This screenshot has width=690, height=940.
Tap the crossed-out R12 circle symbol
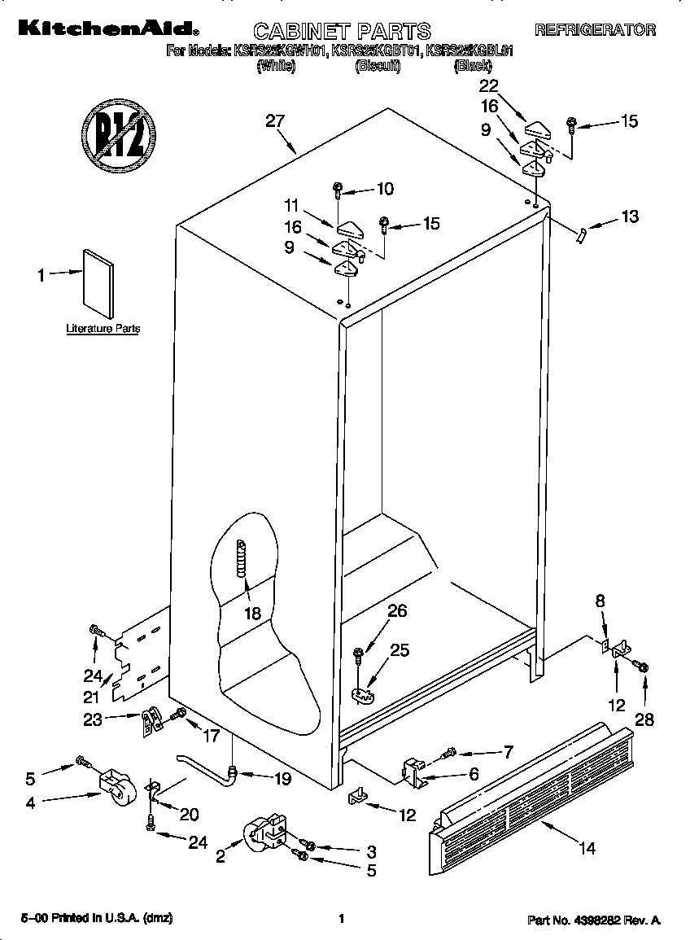(119, 135)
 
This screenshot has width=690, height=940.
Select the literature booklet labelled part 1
(98, 282)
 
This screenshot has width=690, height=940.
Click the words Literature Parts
(103, 329)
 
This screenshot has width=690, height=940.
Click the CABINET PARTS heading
(342, 31)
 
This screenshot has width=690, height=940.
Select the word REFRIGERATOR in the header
(595, 30)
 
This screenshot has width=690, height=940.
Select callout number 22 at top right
(488, 86)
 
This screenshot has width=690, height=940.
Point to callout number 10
(385, 189)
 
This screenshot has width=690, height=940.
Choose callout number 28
(644, 719)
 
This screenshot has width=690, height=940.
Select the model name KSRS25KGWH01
(279, 50)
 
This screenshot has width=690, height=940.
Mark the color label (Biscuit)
(378, 67)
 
